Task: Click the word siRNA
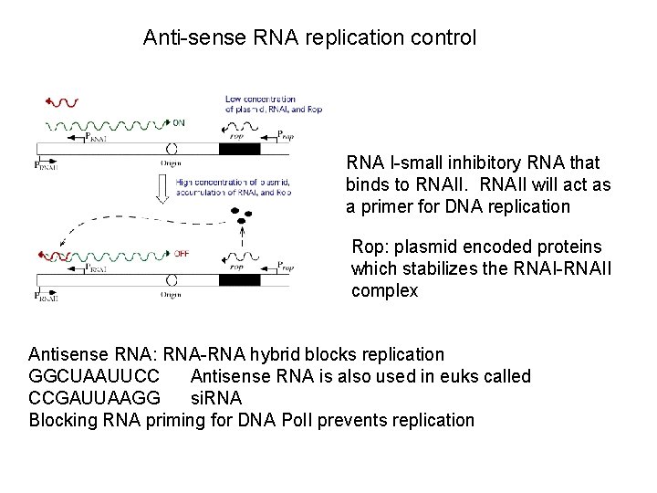[217, 398]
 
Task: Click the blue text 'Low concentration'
[260, 99]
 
